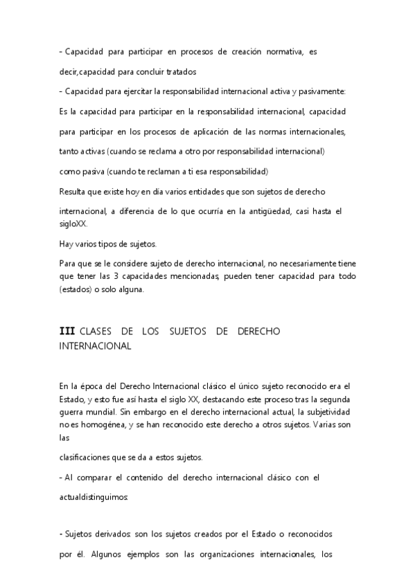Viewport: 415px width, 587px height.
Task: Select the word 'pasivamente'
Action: point(323,91)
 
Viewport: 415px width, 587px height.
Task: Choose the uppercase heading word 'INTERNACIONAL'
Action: point(95,346)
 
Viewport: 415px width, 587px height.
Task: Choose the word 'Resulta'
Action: point(74,190)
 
